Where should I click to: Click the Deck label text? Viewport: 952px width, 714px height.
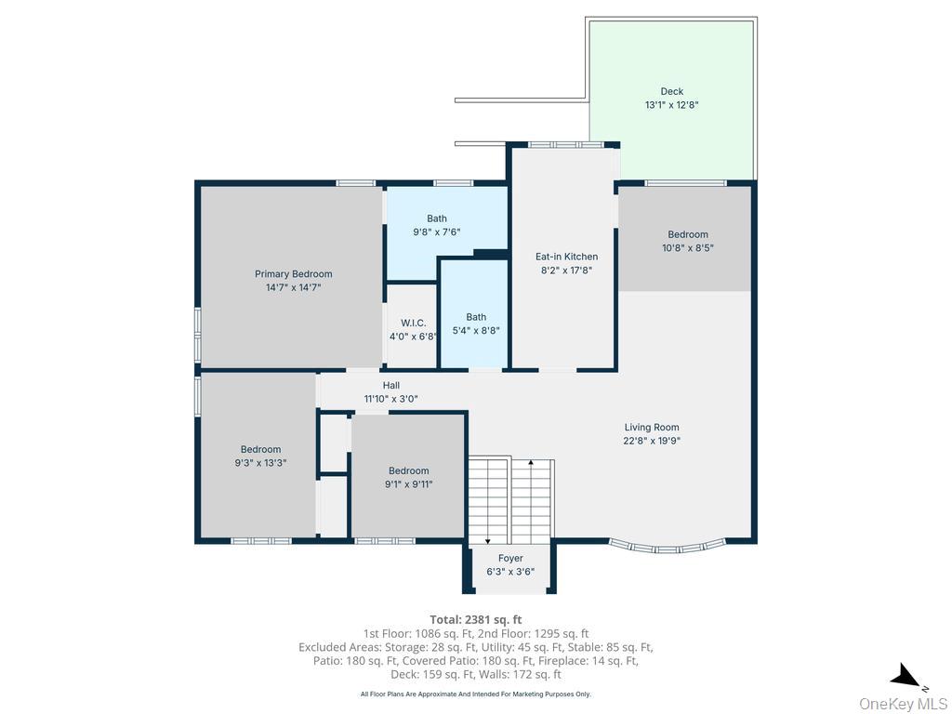(x=671, y=91)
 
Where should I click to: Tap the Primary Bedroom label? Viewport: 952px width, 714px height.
(x=293, y=274)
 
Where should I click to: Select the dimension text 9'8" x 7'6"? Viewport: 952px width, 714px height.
(x=436, y=232)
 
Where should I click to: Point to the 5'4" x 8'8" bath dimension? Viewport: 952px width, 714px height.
(x=476, y=330)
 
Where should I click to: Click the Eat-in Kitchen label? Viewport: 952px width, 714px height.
(x=566, y=257)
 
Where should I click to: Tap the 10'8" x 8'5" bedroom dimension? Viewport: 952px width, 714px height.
(x=687, y=248)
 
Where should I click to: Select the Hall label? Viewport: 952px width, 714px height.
(x=391, y=385)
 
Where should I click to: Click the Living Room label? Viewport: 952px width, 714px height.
(x=651, y=428)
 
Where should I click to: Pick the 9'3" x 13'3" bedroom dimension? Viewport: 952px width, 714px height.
(x=260, y=462)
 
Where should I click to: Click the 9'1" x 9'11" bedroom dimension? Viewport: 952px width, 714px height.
(x=408, y=483)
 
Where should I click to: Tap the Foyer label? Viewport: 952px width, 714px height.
(x=510, y=558)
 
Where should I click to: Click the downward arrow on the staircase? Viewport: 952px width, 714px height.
(x=488, y=539)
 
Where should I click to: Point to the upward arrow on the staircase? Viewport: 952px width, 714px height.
(x=531, y=462)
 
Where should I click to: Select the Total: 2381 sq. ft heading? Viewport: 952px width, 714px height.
(x=475, y=619)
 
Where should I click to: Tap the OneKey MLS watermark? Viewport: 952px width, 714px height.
(x=903, y=703)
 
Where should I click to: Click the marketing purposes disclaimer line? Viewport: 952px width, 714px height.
(x=475, y=694)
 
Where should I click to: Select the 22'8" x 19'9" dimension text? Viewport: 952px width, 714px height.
(x=651, y=442)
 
